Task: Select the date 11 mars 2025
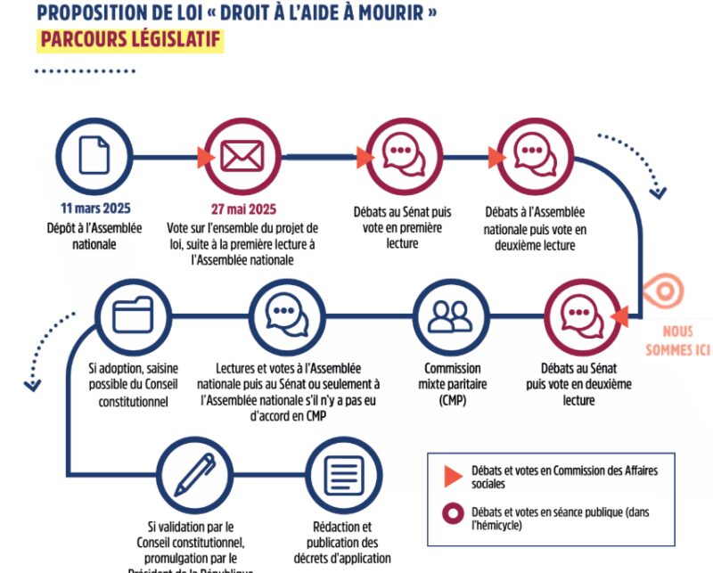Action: click(95, 209)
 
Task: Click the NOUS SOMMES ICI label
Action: click(677, 340)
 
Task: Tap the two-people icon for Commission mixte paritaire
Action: click(450, 315)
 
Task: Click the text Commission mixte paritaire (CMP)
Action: click(447, 384)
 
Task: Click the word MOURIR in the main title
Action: click(397, 13)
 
